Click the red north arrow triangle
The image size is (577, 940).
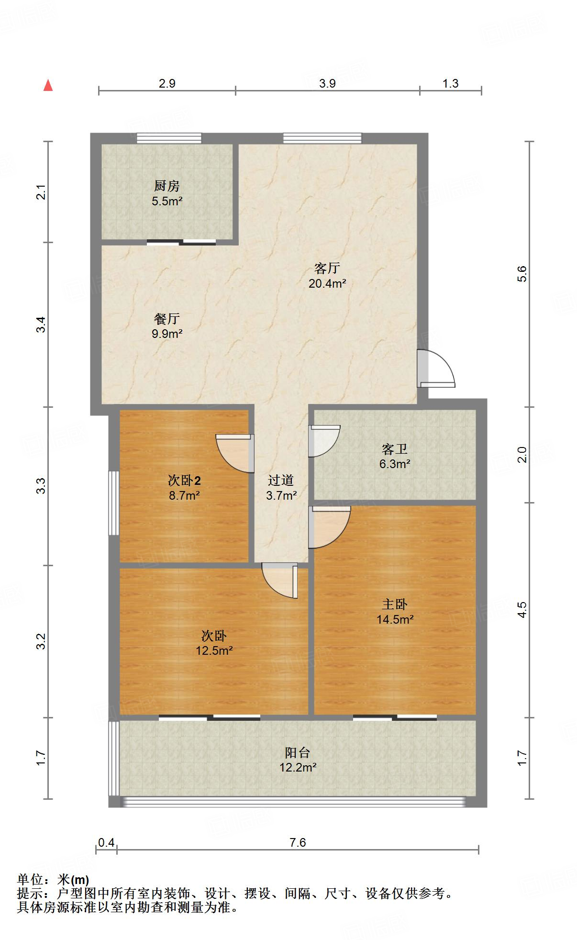[48, 85]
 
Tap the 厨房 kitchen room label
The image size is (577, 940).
[167, 185]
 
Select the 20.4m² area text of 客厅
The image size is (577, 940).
[327, 283]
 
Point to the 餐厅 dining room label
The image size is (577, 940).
[167, 318]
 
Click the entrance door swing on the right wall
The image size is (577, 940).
[436, 369]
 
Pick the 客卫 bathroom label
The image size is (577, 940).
[395, 449]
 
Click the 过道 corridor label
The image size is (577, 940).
[281, 480]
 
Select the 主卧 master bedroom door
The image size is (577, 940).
[329, 526]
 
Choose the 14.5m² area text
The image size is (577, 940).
[395, 619]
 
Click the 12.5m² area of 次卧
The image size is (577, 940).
[214, 650]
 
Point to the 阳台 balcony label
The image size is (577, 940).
[298, 752]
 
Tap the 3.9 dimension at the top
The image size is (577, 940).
[327, 83]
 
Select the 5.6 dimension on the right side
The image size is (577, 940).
[522, 274]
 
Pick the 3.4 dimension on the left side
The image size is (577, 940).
[42, 325]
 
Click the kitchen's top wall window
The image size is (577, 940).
[169, 138]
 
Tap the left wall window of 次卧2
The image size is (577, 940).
[113, 503]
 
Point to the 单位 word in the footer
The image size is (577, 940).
[30, 880]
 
